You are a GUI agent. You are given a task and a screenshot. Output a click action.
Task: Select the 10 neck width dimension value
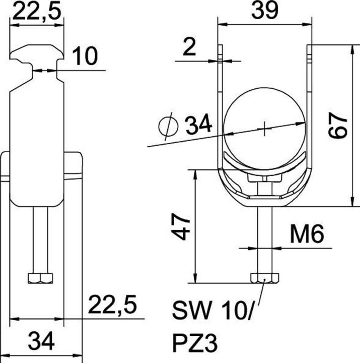tap(85, 56)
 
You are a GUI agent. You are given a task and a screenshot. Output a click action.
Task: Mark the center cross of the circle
tap(264, 130)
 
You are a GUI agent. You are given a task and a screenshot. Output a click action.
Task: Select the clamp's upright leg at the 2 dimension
tap(220, 76)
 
